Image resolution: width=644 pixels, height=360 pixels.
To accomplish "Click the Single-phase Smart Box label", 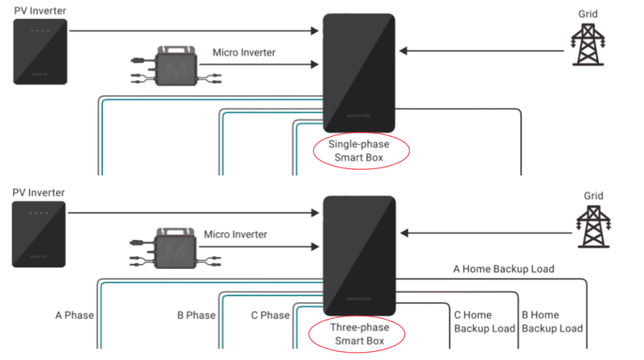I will click(x=358, y=151).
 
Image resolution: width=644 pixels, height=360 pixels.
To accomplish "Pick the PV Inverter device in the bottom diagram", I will click(x=41, y=233).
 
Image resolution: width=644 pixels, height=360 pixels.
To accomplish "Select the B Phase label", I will click(x=196, y=316).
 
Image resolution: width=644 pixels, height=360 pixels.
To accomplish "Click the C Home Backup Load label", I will click(x=484, y=322).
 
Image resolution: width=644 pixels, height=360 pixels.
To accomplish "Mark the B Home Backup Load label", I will click(x=552, y=322).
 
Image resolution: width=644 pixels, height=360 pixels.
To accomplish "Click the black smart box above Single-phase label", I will click(x=359, y=72).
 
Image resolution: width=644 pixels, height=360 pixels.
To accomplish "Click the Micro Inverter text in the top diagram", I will click(x=244, y=53).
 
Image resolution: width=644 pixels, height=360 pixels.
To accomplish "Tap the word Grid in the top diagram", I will click(x=588, y=14).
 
